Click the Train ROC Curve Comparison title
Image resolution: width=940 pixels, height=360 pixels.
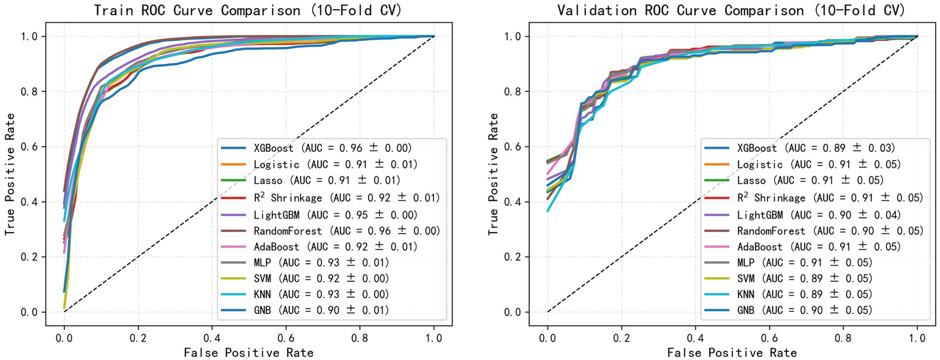tap(249, 10)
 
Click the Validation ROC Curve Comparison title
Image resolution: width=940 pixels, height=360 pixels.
tap(732, 10)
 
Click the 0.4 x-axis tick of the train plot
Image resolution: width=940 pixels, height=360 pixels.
tap(212, 337)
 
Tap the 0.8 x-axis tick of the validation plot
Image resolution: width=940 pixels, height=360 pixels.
tap(844, 337)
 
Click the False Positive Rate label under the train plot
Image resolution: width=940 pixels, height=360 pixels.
tap(249, 352)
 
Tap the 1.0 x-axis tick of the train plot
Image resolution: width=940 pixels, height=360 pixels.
tap(434, 337)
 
